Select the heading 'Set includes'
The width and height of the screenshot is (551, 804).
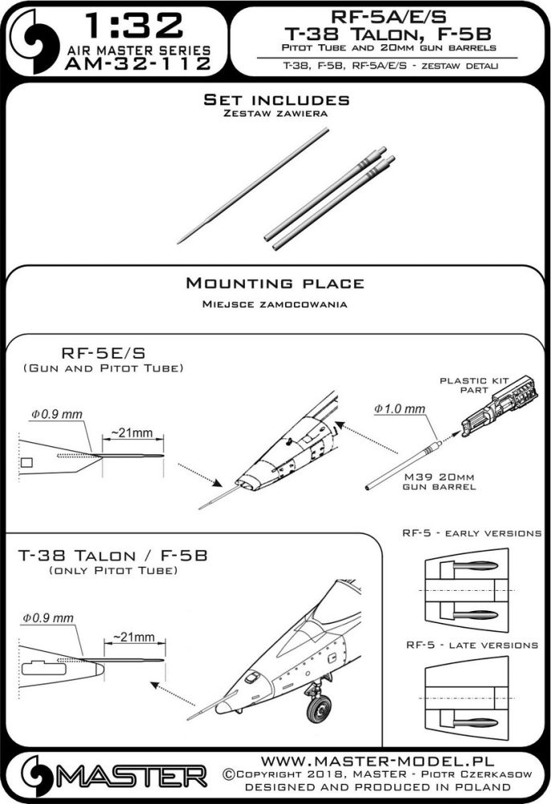pyautogui.click(x=275, y=100)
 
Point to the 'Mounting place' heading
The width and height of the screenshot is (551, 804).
pyautogui.click(x=275, y=283)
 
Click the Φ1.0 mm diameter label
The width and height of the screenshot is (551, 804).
pyautogui.click(x=399, y=408)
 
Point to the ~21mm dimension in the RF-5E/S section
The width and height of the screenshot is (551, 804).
pyautogui.click(x=132, y=433)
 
